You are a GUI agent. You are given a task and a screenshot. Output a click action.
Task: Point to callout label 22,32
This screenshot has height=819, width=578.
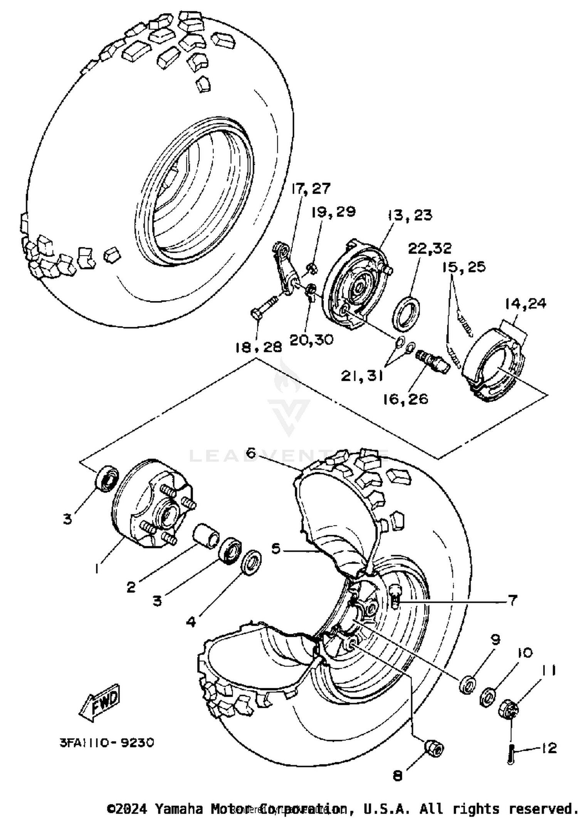tap(430, 248)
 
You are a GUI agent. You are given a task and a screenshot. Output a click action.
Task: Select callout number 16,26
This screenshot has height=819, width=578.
tap(405, 399)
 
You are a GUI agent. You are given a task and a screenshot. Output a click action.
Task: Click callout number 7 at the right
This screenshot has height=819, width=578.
tap(512, 600)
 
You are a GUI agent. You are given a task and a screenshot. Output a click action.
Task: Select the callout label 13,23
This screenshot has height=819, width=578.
tap(410, 215)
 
